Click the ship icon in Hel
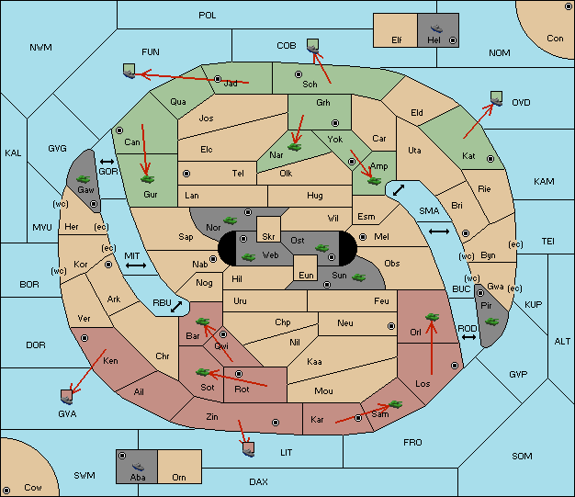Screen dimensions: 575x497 click(x=436, y=28)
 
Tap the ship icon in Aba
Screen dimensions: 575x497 click(x=139, y=466)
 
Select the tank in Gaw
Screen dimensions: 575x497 click(x=84, y=179)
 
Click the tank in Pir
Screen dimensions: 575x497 click(x=491, y=322)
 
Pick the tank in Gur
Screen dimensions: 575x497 click(x=148, y=179)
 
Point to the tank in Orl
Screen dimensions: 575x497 click(x=432, y=317)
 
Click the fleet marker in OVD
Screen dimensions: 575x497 click(x=497, y=98)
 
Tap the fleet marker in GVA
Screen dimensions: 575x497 click(x=67, y=397)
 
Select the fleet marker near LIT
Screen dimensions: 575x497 click(x=249, y=449)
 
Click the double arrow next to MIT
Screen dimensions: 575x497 click(x=136, y=265)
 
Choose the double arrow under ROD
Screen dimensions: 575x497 click(x=468, y=337)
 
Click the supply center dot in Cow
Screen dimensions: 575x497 click(x=6, y=491)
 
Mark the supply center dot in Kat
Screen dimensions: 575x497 click(x=490, y=159)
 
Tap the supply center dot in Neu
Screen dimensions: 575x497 click(x=391, y=326)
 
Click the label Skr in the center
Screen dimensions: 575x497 click(x=268, y=237)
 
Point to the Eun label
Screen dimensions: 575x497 click(x=306, y=275)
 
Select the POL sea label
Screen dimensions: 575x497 click(x=208, y=16)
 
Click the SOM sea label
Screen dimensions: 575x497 click(x=522, y=456)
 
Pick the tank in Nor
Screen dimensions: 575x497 click(x=231, y=220)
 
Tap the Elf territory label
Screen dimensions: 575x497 click(x=397, y=40)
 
